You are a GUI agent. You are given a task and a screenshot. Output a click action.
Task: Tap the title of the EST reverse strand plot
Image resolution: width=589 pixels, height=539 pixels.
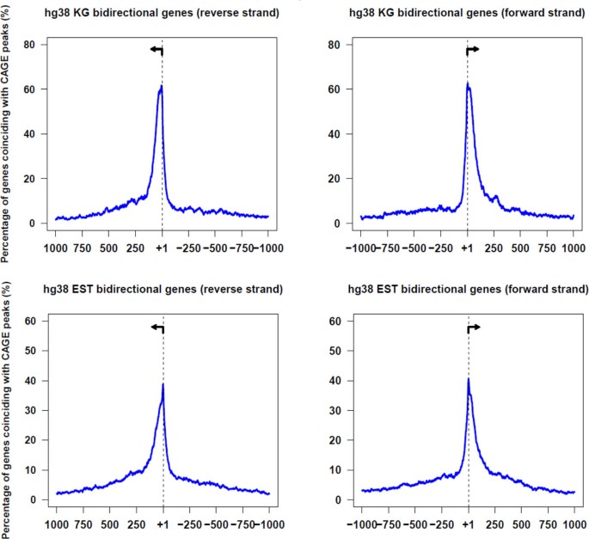[x=162, y=288]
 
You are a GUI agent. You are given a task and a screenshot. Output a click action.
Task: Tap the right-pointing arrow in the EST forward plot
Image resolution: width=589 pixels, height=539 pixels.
[x=473, y=328]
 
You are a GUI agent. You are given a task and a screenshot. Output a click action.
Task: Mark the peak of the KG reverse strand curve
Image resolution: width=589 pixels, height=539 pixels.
[x=161, y=86]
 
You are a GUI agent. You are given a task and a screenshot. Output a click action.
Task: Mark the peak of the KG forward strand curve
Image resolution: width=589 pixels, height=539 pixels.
[x=467, y=83]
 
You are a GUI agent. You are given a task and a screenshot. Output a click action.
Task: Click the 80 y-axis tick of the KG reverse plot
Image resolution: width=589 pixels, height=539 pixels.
[x=33, y=45]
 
